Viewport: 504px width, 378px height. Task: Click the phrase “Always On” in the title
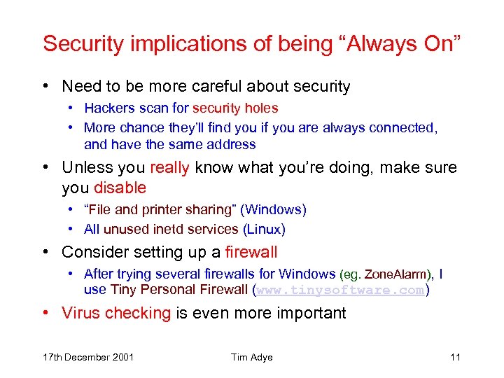coord(398,43)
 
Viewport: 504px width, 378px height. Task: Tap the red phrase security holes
coord(235,108)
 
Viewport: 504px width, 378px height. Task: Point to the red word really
coord(169,168)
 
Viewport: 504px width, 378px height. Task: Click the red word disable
coord(120,188)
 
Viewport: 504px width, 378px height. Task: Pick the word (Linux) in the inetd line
coord(264,229)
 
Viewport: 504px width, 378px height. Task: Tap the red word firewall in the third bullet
coord(251,252)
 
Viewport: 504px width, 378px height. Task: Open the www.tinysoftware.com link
coord(340,290)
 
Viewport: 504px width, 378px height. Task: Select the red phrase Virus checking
coord(116,313)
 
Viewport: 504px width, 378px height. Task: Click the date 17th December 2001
coord(87,358)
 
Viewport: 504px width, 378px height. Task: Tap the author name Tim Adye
coord(252,358)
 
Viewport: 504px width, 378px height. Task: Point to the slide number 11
coord(455,358)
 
